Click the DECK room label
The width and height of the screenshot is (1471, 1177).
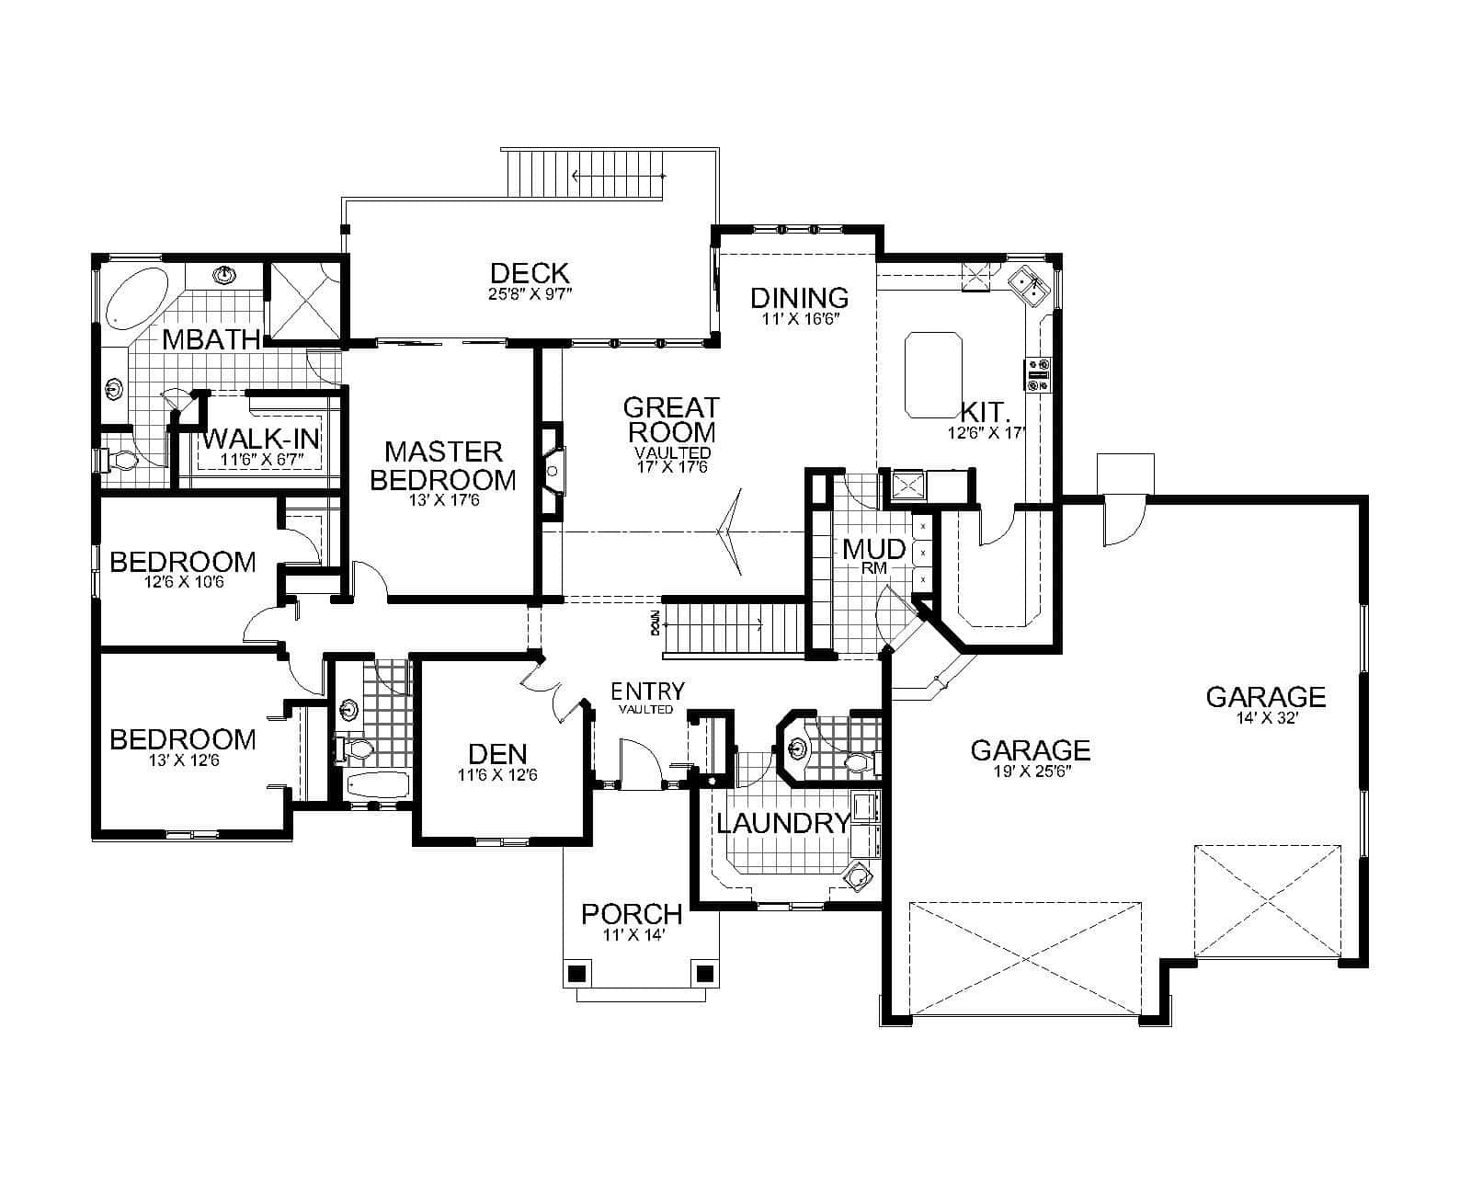tap(530, 273)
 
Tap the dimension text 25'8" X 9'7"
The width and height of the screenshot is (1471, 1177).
tap(530, 295)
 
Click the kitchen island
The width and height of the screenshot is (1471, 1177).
tap(933, 375)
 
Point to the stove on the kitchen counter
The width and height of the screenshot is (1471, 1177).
tap(1038, 374)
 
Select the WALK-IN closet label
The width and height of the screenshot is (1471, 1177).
tap(261, 437)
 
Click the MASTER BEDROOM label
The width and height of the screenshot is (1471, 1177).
tap(443, 465)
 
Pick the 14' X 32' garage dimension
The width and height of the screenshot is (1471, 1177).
tap(1266, 719)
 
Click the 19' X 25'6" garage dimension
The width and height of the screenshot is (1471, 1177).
tap(1031, 772)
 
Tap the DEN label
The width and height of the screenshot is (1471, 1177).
tap(497, 754)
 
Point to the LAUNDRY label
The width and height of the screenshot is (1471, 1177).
tap(782, 823)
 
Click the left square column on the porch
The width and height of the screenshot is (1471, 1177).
tap(576, 973)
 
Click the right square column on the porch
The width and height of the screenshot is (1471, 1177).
tap(705, 973)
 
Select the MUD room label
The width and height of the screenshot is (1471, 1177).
tap(874, 550)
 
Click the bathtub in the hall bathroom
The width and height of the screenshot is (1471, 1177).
tap(375, 785)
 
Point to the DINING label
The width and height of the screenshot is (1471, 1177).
tap(799, 298)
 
